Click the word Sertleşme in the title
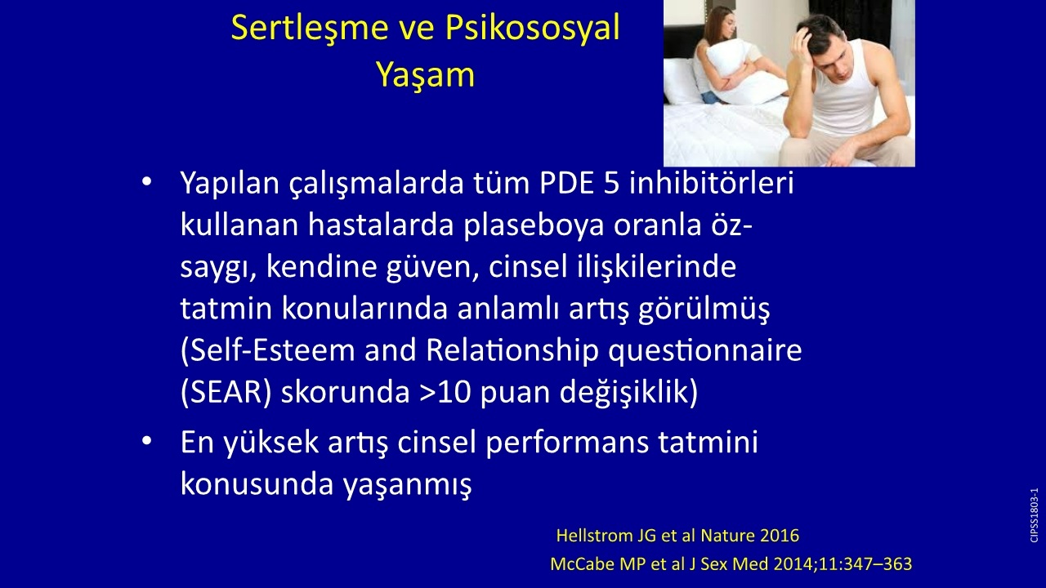point(310,29)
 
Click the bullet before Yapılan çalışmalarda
point(146,181)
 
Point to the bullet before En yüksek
point(146,441)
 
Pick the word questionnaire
point(704,351)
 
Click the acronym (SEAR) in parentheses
point(226,393)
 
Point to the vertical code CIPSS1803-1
point(1034,515)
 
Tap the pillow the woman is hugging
point(743,70)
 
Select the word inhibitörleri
point(711,183)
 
